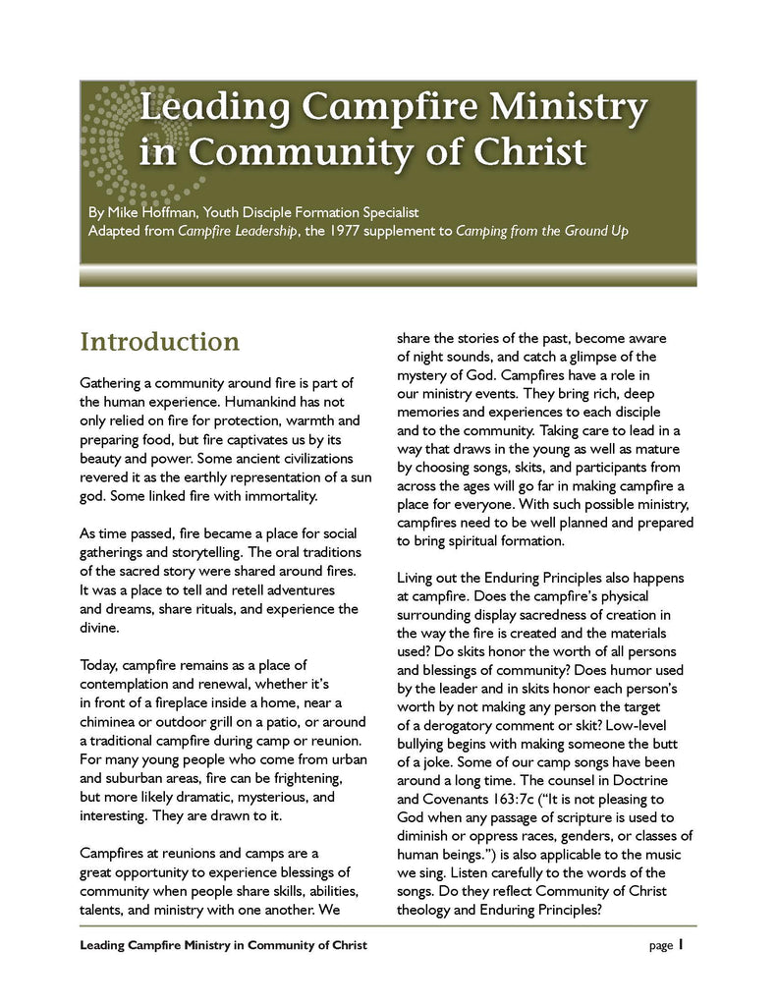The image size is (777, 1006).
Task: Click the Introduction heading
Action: tap(159, 342)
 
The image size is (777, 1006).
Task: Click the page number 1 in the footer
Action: tap(679, 945)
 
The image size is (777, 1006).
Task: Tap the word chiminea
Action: tap(109, 721)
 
